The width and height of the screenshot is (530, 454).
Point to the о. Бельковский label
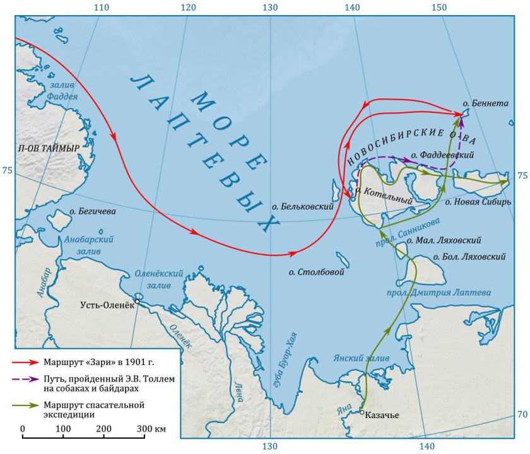coord(302,206)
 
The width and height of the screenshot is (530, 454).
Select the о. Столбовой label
coord(315,272)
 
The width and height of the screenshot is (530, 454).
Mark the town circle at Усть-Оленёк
coord(137,302)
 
